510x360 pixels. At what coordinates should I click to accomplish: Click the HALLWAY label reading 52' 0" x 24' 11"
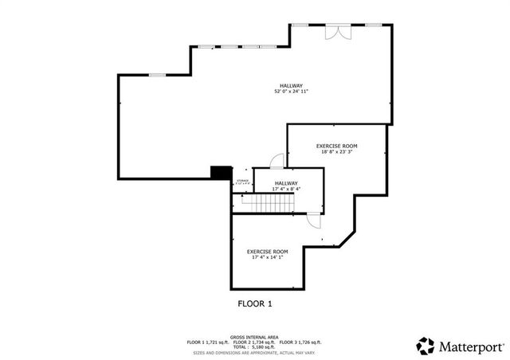pyautogui.click(x=291, y=86)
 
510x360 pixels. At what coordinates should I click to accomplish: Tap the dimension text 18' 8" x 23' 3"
pyautogui.click(x=335, y=151)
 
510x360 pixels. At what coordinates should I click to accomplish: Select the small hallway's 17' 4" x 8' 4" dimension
pyautogui.click(x=286, y=189)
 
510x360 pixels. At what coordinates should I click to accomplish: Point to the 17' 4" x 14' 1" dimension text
pyautogui.click(x=267, y=257)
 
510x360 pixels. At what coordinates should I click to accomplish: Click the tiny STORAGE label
pyautogui.click(x=242, y=181)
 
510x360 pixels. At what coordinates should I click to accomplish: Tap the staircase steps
pyautogui.click(x=268, y=205)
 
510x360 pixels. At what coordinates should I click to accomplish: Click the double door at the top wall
pyautogui.click(x=337, y=32)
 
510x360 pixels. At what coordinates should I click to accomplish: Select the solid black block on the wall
pyautogui.click(x=221, y=172)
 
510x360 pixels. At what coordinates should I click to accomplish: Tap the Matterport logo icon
pyautogui.click(x=426, y=346)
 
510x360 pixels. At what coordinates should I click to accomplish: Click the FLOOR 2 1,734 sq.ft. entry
pyautogui.click(x=255, y=342)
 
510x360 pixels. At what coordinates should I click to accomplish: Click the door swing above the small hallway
pyautogui.click(x=277, y=161)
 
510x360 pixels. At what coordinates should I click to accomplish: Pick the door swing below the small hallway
pyautogui.click(x=314, y=222)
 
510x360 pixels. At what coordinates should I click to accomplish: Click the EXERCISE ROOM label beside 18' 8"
pyautogui.click(x=336, y=146)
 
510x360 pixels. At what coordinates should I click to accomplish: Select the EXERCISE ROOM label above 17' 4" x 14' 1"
pyautogui.click(x=267, y=252)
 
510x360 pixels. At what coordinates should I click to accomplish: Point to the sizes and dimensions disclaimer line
pyautogui.click(x=253, y=351)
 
